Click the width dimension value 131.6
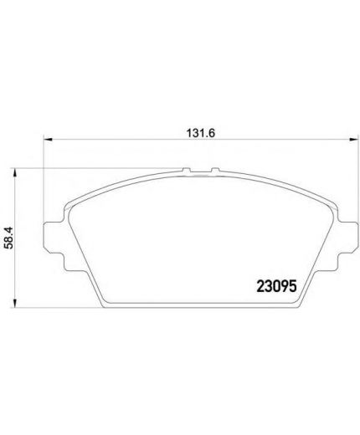201,133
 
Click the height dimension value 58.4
9,238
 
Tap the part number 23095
276,286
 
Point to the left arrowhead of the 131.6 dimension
48,139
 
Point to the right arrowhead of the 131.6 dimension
353,139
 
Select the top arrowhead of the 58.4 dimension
15,172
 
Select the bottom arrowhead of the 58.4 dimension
15,304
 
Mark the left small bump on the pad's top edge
187,170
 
